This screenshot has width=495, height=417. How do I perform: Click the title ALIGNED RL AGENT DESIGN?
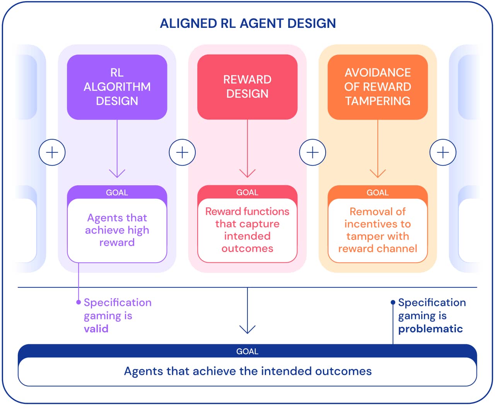pyautogui.click(x=247, y=23)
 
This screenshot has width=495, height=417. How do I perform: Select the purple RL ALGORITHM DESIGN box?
pyautogui.click(x=117, y=87)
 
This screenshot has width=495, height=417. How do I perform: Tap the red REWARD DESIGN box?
pyautogui.click(x=247, y=87)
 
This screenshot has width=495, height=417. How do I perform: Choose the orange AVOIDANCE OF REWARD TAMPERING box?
pyautogui.click(x=377, y=87)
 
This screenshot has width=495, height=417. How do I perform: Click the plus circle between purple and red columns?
pyautogui.click(x=182, y=152)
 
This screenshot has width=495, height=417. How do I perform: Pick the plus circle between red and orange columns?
pyautogui.click(x=312, y=152)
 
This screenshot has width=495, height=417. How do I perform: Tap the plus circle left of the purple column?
pyautogui.click(x=52, y=152)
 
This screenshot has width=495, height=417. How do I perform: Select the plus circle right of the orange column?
pyautogui.click(x=443, y=152)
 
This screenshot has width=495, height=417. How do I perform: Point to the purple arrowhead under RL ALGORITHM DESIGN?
pyautogui.click(x=117, y=173)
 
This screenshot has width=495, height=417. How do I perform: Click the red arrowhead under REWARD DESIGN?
pyautogui.click(x=247, y=173)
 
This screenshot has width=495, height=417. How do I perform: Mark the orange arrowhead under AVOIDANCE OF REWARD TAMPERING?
pyautogui.click(x=378, y=173)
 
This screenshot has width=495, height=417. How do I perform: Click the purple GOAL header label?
pyautogui.click(x=117, y=193)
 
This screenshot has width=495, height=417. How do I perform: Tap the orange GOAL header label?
pyautogui.click(x=377, y=193)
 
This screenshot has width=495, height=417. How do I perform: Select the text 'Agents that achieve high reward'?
pyautogui.click(x=117, y=230)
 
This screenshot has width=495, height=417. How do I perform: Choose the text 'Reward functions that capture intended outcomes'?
pyautogui.click(x=247, y=230)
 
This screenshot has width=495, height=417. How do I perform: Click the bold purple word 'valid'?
pyautogui.click(x=96, y=329)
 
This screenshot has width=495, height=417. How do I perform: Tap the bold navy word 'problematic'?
pyautogui.click(x=430, y=329)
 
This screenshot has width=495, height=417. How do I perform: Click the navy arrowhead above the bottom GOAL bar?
pyautogui.click(x=247, y=329)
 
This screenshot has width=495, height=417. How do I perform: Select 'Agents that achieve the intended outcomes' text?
pyautogui.click(x=247, y=371)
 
